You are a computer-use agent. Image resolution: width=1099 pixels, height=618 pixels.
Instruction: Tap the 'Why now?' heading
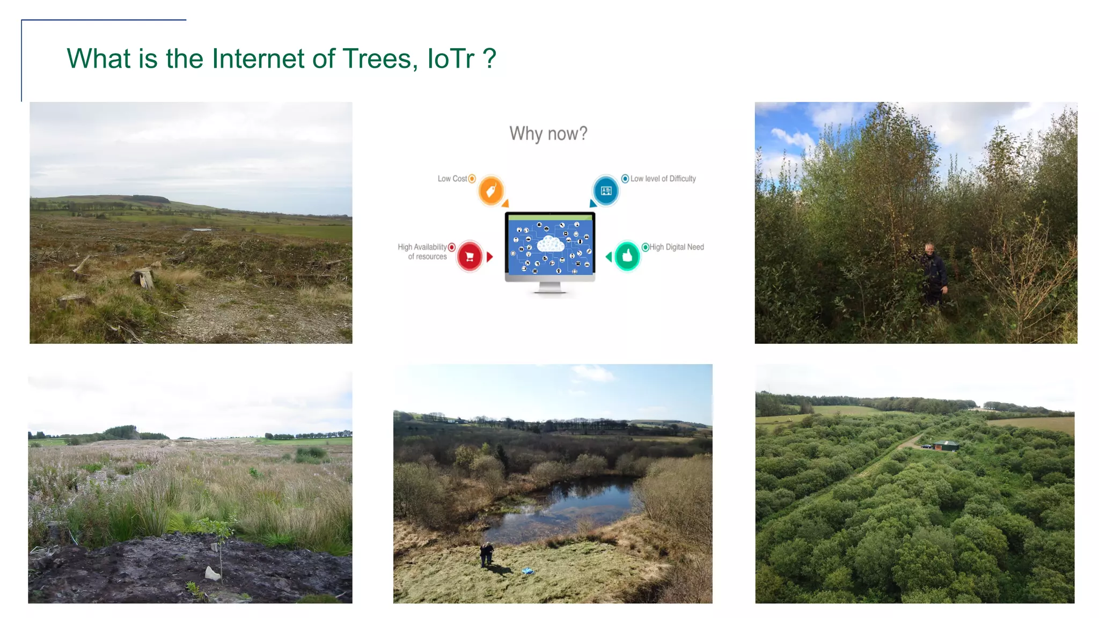pyautogui.click(x=548, y=134)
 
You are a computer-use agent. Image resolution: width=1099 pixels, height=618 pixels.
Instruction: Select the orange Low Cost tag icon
pyautogui.click(x=490, y=190)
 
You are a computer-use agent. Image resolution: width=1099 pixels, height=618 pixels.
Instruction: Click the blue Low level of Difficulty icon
pyautogui.click(x=606, y=190)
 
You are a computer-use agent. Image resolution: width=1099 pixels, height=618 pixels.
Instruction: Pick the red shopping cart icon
pyautogui.click(x=470, y=256)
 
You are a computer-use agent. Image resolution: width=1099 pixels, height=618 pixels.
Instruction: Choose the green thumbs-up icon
pyautogui.click(x=627, y=256)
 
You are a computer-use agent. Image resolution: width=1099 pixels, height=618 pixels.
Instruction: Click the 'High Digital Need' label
pyautogui.click(x=676, y=247)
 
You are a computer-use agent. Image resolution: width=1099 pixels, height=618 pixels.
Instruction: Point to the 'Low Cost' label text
pyautogui.click(x=452, y=179)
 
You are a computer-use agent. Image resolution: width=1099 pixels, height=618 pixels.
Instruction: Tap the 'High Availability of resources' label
pyautogui.click(x=422, y=252)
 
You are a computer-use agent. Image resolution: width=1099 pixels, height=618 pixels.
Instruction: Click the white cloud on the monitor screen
pyautogui.click(x=550, y=244)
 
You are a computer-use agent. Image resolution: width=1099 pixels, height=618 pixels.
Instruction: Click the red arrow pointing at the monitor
pyautogui.click(x=489, y=257)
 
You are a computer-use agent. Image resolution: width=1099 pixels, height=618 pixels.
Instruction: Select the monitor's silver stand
pyautogui.click(x=549, y=288)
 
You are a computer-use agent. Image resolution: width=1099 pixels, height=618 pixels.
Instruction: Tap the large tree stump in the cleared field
pyautogui.click(x=143, y=277)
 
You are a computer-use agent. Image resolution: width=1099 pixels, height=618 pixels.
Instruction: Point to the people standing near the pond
pyautogui.click(x=487, y=554)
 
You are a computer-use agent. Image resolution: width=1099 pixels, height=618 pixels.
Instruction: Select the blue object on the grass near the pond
pyautogui.click(x=527, y=571)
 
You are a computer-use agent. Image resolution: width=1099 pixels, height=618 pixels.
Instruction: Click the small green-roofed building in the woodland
pyautogui.click(x=946, y=445)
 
